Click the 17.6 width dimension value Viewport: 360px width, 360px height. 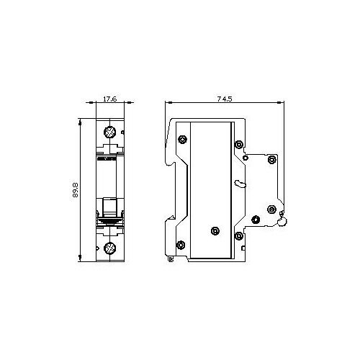click(x=110, y=99)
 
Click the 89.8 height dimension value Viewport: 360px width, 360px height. click(x=75, y=190)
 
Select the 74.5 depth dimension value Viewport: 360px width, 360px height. click(x=225, y=99)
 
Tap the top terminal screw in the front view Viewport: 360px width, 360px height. click(x=109, y=132)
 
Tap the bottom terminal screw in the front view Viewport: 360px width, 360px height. click(x=109, y=248)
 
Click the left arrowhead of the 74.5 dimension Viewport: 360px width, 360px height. click(x=169, y=102)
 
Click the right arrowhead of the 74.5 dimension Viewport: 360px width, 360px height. click(x=280, y=102)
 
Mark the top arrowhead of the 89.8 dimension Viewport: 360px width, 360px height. click(x=80, y=122)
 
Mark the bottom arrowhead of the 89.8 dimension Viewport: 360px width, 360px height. click(x=80, y=258)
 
